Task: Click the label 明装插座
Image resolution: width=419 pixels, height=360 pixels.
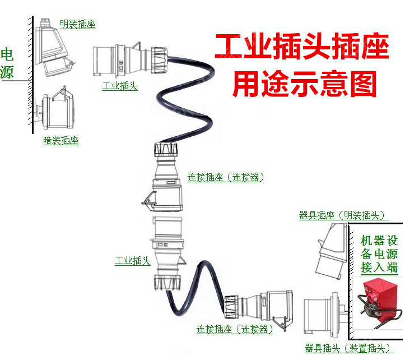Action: click(77, 25)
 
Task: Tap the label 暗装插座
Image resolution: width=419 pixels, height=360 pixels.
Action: click(60, 141)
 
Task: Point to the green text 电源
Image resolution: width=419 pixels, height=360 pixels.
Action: click(8, 63)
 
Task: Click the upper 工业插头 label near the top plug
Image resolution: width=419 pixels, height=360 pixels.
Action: click(119, 86)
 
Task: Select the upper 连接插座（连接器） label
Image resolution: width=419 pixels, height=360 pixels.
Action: click(225, 178)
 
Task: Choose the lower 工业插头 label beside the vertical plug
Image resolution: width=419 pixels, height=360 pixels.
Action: click(132, 261)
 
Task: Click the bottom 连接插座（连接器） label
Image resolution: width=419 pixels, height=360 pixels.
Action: click(235, 330)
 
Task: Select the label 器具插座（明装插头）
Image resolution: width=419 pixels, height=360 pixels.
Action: click(343, 216)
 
